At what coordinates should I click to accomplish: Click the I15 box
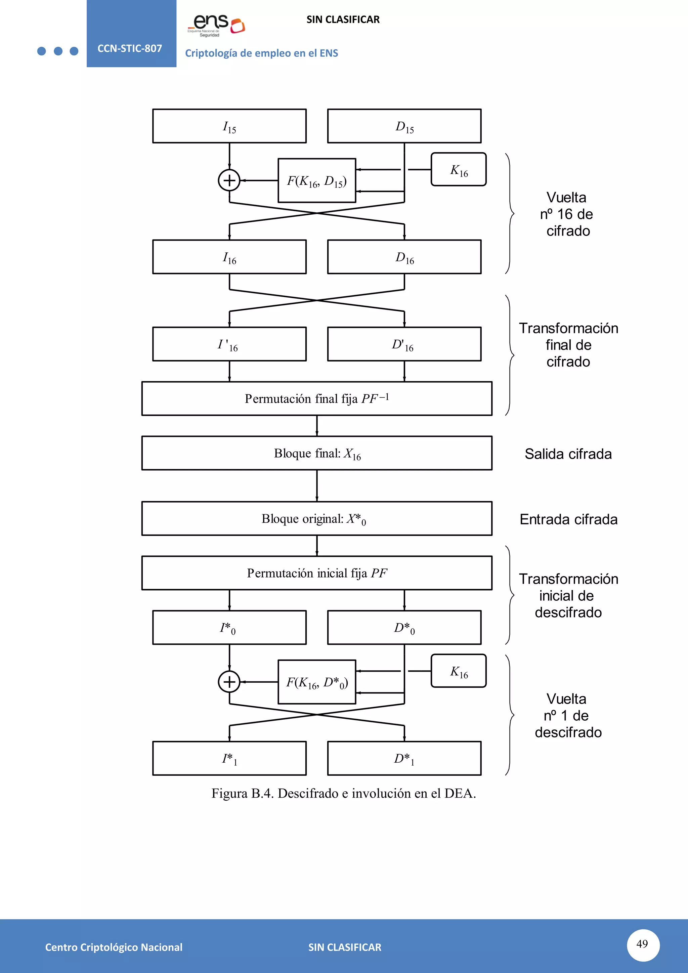(x=229, y=126)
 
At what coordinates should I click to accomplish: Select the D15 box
(x=404, y=126)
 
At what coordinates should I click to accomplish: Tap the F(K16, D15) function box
(x=316, y=180)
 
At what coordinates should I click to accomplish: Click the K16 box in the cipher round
(x=458, y=170)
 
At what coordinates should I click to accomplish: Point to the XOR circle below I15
(x=229, y=180)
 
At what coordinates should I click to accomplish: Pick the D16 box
(x=404, y=257)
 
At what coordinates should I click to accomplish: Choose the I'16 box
(x=229, y=344)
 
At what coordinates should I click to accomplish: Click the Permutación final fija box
(x=316, y=398)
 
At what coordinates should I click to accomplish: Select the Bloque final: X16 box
(x=316, y=453)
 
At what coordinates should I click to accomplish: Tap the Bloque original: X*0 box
(x=316, y=518)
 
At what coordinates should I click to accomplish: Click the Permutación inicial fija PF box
(x=316, y=573)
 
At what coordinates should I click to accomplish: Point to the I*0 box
(x=229, y=627)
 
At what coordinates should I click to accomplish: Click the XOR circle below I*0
(x=229, y=682)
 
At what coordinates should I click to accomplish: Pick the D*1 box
(x=404, y=758)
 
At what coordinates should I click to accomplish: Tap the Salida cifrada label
(x=568, y=454)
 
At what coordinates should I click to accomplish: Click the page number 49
(x=642, y=944)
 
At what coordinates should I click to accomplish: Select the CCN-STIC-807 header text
(x=130, y=48)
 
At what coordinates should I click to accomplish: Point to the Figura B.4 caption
(x=344, y=793)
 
